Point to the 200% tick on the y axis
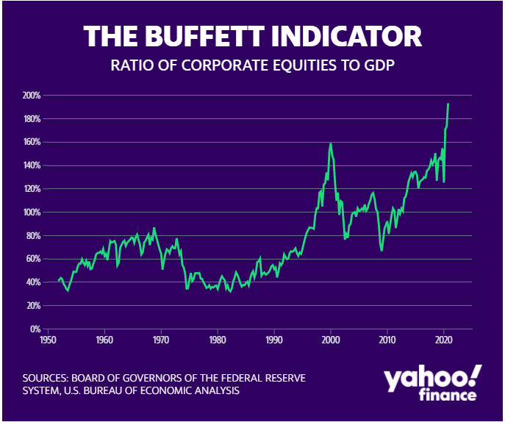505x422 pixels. coord(30,96)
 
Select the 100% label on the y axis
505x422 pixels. coord(30,212)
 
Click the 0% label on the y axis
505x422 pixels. coord(34,329)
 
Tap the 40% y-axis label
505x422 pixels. coord(32,282)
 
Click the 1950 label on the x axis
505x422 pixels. coord(48,340)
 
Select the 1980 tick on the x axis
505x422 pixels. coord(217,340)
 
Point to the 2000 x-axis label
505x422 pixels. coord(330,340)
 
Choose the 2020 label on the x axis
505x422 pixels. coord(443,340)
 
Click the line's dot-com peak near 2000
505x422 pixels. coord(331,143)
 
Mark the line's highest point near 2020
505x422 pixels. coord(448,104)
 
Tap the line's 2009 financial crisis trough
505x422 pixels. coord(382,250)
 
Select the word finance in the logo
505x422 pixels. coord(448,396)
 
